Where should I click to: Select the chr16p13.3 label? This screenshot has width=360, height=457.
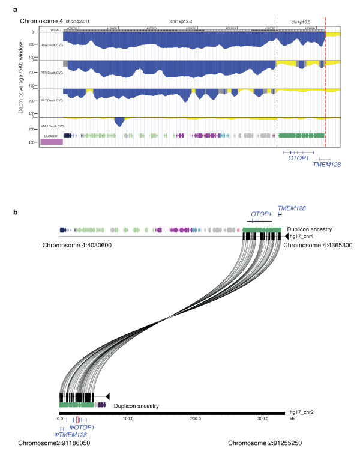point(185,21)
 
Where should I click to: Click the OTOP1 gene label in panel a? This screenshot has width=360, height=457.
point(298,159)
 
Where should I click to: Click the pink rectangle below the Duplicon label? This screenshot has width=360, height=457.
point(52,142)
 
